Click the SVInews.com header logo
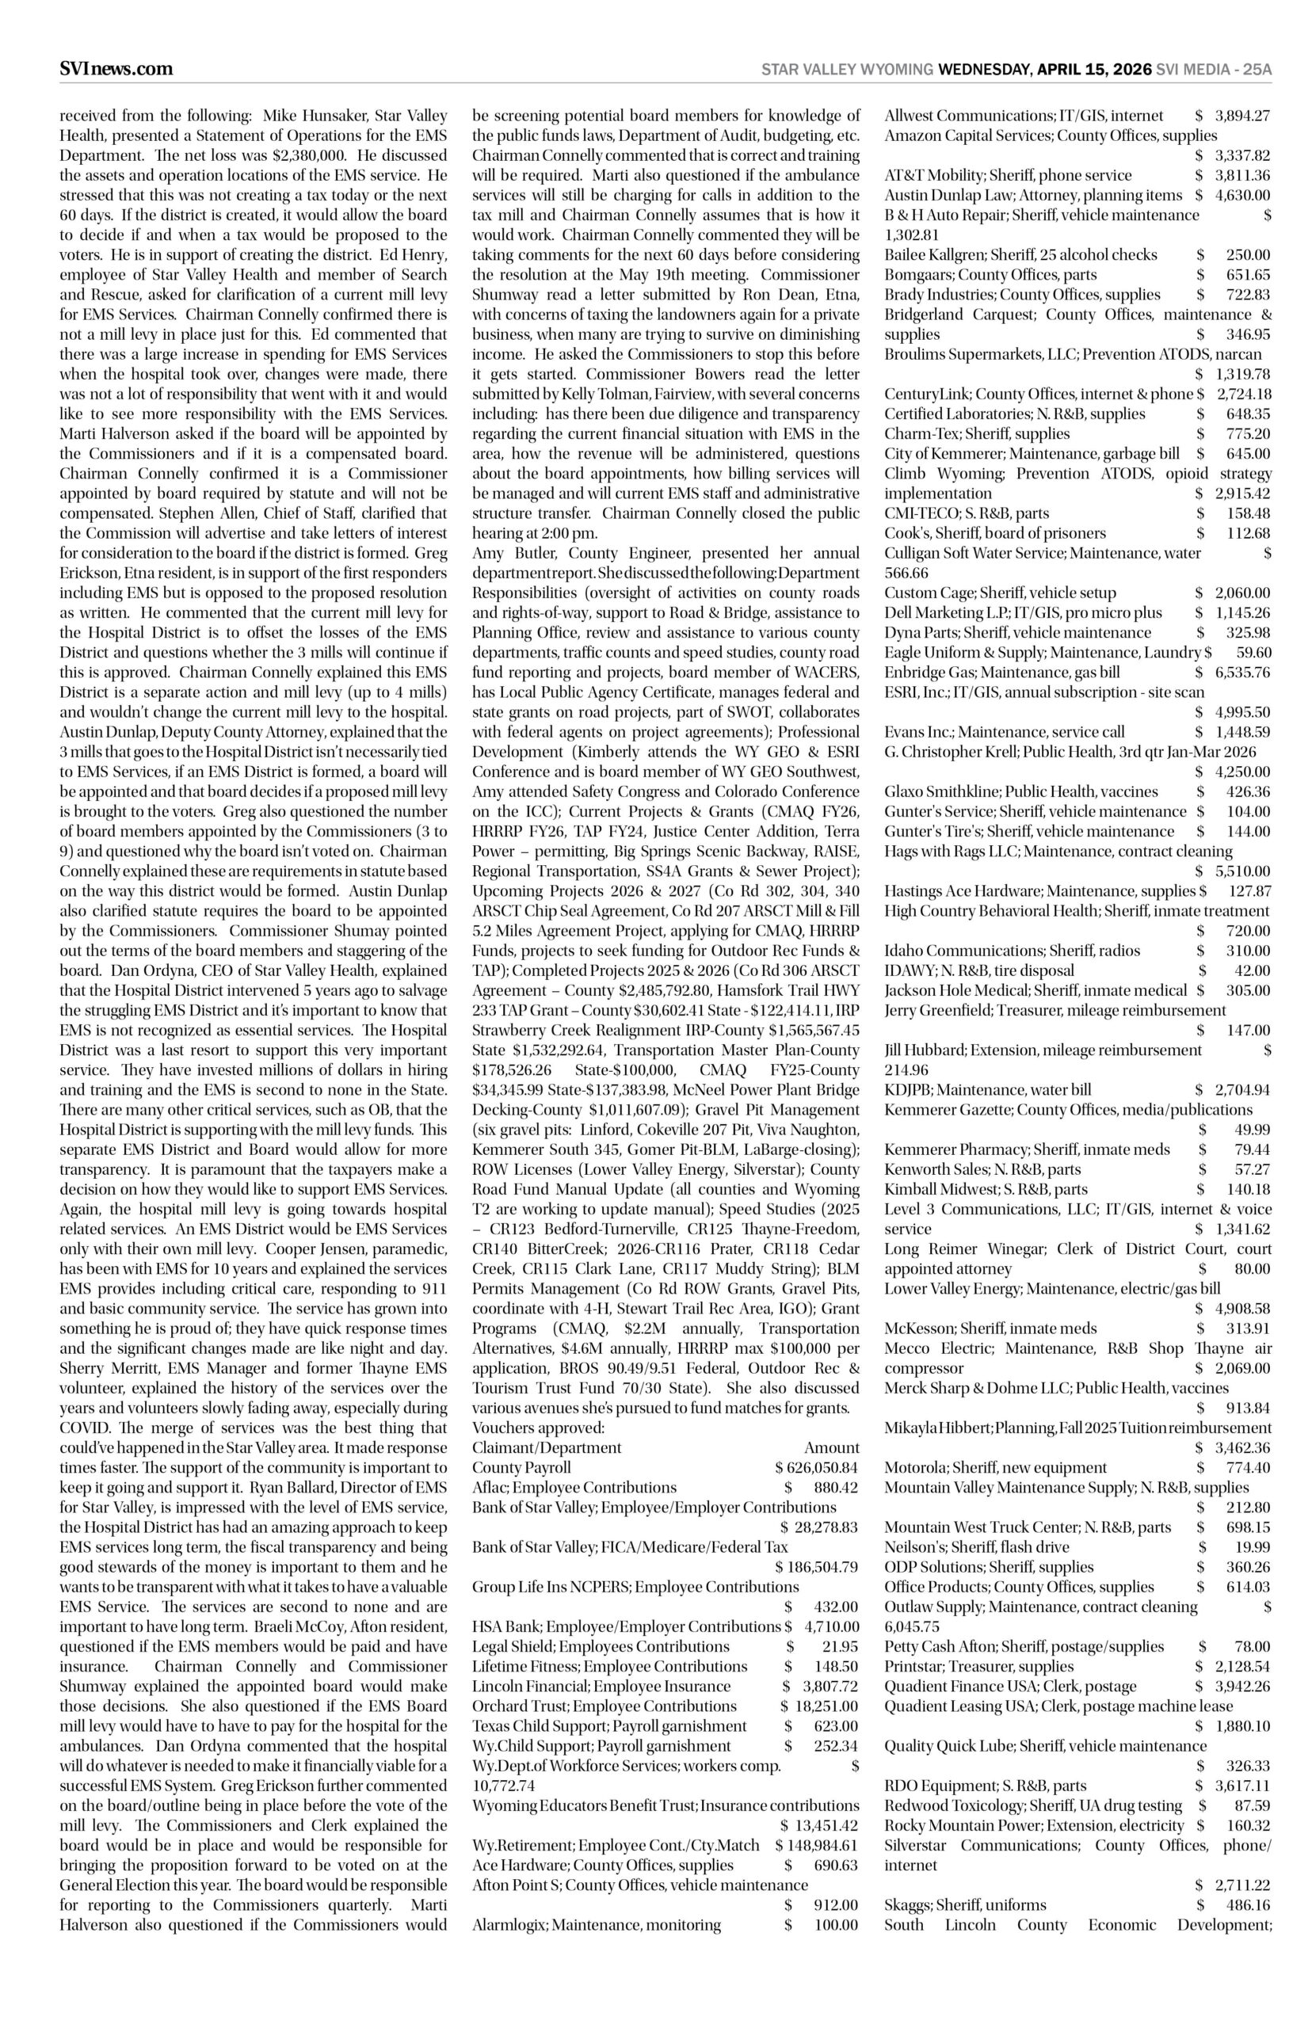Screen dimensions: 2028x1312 point(116,69)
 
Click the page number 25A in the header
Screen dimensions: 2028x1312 point(1257,70)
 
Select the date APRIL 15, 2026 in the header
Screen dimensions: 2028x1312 point(1094,70)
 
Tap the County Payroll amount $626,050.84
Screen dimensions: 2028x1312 point(816,1468)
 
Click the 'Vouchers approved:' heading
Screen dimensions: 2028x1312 point(539,1428)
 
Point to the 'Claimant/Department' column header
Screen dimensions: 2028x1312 point(547,1447)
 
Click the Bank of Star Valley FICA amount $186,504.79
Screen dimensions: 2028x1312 point(816,1567)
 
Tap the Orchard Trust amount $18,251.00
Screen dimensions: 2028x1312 point(818,1706)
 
